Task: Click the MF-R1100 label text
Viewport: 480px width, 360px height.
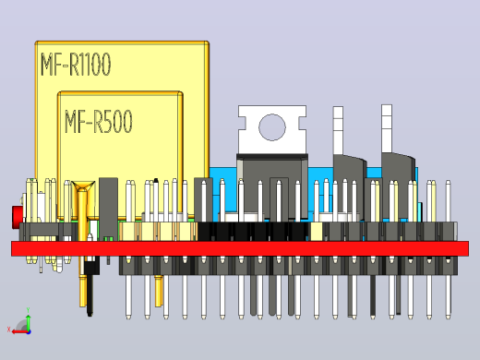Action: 76,64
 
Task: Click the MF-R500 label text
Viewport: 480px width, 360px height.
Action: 99,121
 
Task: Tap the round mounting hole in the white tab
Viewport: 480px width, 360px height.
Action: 272,127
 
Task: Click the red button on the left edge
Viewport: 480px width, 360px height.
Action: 17,218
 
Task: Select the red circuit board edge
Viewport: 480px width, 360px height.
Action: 240,248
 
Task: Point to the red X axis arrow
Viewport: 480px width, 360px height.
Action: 20,331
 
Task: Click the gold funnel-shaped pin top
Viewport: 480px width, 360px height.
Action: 83,186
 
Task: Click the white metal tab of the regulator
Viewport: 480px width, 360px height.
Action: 272,129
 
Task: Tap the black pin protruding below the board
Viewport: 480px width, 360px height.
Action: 90,295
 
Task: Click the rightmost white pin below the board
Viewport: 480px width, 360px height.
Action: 448,297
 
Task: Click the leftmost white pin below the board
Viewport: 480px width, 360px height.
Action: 128,297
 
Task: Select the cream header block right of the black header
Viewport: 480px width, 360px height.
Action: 317,232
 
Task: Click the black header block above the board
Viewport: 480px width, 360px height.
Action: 253,232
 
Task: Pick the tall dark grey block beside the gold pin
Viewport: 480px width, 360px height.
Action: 108,210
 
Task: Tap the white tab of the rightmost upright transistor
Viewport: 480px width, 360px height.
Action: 387,128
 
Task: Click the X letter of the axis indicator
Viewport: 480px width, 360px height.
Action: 8,330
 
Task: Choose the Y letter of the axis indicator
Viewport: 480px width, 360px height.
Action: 28,310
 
